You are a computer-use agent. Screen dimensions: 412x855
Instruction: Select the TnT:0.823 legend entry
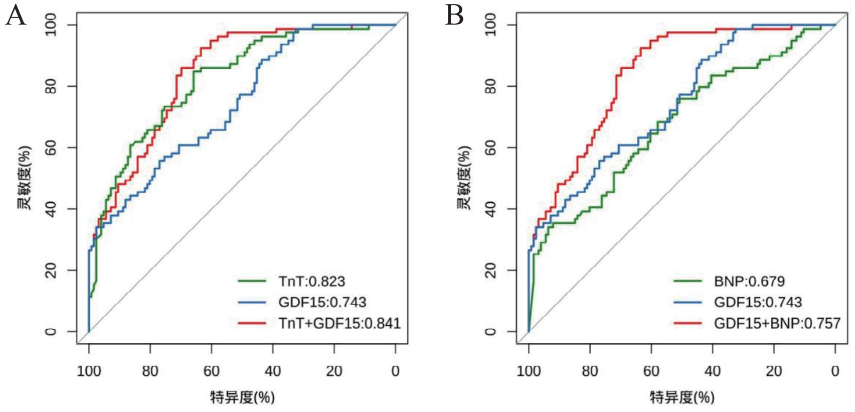(x=311, y=282)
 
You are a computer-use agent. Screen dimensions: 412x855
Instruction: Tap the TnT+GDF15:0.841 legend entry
(x=339, y=323)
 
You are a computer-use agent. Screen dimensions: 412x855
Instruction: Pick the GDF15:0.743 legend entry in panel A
(x=322, y=302)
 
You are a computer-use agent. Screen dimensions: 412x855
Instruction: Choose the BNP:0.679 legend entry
(x=749, y=282)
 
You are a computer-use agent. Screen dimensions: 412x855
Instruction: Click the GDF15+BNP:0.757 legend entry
(x=777, y=323)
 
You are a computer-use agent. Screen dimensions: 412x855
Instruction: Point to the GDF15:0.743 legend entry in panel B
(x=758, y=302)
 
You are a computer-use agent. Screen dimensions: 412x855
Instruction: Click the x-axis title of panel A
(x=242, y=397)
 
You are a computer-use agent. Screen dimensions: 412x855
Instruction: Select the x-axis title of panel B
(x=682, y=397)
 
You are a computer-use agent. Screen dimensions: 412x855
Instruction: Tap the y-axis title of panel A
(x=24, y=178)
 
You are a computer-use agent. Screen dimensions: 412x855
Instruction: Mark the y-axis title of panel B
(x=464, y=178)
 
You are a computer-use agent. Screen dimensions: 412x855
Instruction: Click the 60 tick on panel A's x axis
(x=211, y=371)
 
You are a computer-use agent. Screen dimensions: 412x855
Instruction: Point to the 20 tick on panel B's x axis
(x=774, y=371)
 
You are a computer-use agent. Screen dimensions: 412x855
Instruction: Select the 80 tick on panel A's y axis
(x=51, y=86)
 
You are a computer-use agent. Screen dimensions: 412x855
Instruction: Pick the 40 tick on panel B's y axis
(x=490, y=209)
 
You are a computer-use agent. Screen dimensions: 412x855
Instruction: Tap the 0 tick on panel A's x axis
(x=396, y=371)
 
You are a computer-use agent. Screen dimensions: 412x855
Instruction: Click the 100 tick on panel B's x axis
(x=529, y=371)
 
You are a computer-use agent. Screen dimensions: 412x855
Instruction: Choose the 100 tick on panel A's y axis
(x=51, y=25)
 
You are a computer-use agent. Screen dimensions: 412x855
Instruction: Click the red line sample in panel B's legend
(x=688, y=323)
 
